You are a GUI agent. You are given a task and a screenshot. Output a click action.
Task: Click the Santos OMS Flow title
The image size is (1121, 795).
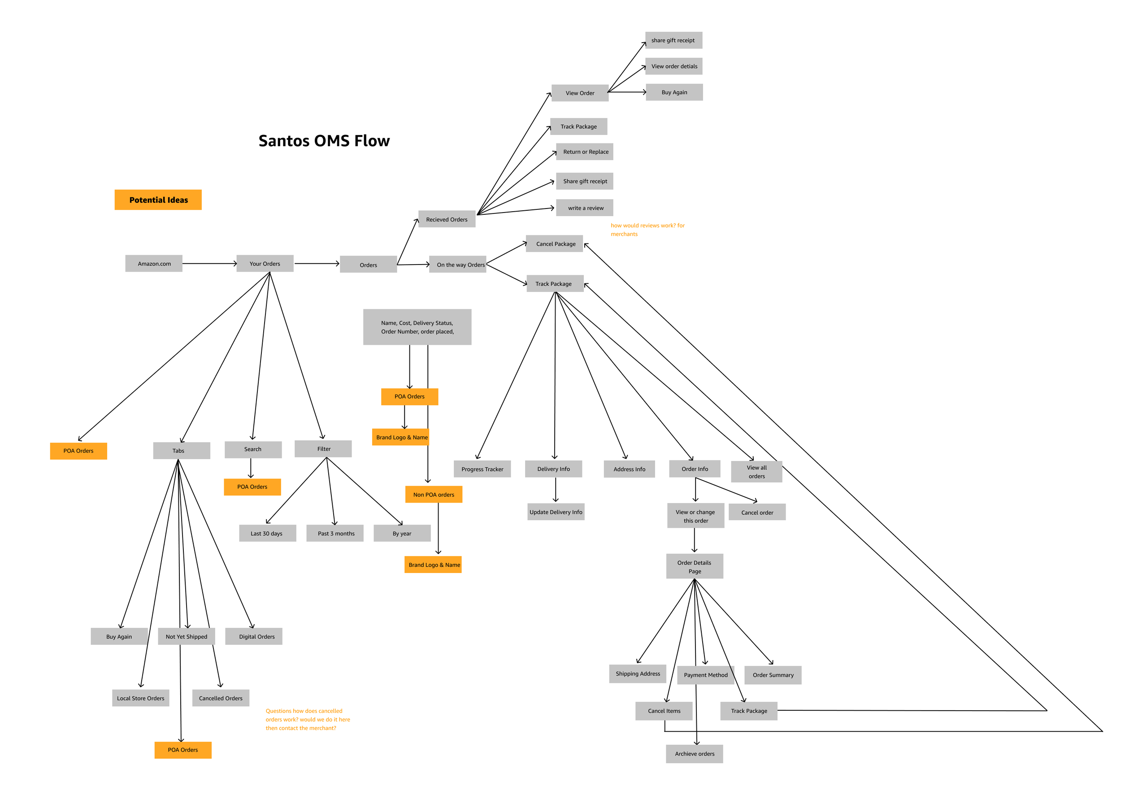[324, 141]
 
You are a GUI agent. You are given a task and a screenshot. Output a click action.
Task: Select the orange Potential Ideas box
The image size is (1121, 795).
[158, 200]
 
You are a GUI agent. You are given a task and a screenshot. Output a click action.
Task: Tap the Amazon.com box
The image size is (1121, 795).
[154, 263]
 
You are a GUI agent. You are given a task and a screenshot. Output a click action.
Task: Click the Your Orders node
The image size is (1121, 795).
[265, 263]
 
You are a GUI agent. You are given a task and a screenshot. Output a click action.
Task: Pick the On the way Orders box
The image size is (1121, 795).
[458, 265]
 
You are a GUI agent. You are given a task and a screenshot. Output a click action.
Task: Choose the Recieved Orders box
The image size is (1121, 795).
[447, 219]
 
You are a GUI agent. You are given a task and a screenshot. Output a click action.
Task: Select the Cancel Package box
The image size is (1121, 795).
[554, 244]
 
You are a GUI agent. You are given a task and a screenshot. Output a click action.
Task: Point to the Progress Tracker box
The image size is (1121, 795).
[482, 469]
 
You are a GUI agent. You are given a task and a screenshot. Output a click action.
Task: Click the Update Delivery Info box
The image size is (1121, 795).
[556, 512]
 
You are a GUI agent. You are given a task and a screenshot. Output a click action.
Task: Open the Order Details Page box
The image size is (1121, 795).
[694, 566]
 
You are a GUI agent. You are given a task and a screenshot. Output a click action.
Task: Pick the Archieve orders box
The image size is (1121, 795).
[694, 754]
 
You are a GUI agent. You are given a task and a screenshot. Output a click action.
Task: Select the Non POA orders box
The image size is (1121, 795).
[433, 495]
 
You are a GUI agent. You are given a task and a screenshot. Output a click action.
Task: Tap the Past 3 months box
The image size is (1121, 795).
[335, 533]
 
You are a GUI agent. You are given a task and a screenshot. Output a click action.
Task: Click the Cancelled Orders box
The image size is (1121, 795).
[220, 698]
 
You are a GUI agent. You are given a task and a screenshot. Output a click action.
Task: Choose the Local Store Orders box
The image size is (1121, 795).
[140, 698]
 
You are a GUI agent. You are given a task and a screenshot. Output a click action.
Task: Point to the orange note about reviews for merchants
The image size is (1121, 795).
[647, 230]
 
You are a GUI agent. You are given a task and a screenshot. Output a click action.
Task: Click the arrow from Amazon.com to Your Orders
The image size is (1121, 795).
[209, 263]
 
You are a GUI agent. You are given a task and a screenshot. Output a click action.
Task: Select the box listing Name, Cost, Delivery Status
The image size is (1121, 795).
[417, 327]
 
